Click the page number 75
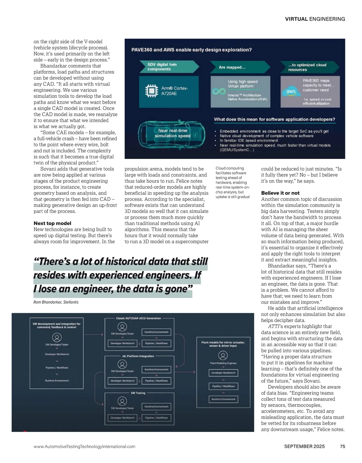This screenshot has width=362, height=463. (342, 446)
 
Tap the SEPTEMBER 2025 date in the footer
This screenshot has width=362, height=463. (304, 446)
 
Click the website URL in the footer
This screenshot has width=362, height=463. (84, 446)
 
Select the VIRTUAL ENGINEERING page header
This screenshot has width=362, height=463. (315, 19)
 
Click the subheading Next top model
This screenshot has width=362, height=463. (52, 223)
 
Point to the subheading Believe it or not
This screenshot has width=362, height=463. (280, 193)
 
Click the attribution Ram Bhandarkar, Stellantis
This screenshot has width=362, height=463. (56, 302)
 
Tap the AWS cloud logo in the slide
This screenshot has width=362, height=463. (291, 92)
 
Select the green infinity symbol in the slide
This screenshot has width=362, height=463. (219, 91)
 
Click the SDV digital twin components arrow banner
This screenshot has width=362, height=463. (167, 67)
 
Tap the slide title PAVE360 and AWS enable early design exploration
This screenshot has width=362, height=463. (191, 50)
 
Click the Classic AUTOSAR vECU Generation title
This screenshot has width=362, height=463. (138, 318)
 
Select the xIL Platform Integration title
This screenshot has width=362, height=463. (138, 356)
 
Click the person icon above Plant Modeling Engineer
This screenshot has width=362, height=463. (223, 356)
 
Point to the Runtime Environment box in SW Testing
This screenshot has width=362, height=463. (156, 407)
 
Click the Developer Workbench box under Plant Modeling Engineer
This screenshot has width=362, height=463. (223, 373)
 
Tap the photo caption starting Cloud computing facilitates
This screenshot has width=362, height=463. (233, 182)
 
